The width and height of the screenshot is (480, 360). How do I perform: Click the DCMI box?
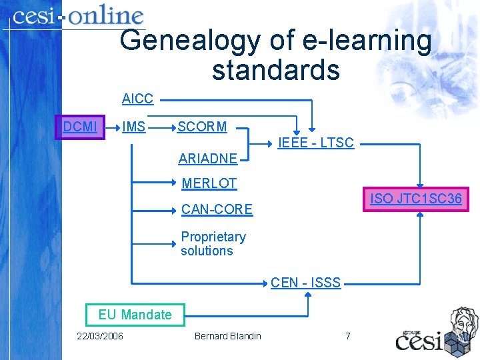click(x=80, y=127)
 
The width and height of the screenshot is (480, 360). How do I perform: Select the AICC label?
click(x=137, y=99)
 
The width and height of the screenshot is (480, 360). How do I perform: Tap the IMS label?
click(x=134, y=127)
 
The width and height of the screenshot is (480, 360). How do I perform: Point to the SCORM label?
click(x=202, y=127)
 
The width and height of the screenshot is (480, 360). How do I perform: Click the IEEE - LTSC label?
click(x=315, y=142)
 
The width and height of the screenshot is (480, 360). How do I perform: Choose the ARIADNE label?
click(x=207, y=159)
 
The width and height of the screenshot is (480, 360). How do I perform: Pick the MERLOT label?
click(x=209, y=183)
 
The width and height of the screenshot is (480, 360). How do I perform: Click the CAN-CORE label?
click(x=217, y=210)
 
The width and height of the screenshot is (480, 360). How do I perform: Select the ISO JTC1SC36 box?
click(x=416, y=199)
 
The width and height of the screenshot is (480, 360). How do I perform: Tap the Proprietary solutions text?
click(x=213, y=244)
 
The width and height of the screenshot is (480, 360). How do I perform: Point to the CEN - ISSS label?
click(x=305, y=283)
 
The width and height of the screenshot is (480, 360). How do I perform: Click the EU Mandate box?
click(x=135, y=315)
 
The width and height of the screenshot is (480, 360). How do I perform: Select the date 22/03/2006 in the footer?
click(x=100, y=336)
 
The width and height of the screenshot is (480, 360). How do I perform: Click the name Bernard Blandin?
click(x=227, y=336)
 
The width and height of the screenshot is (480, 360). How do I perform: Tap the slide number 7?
click(x=348, y=336)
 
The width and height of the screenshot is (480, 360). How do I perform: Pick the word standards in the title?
click(x=275, y=69)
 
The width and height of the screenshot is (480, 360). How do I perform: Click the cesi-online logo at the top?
click(x=78, y=17)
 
